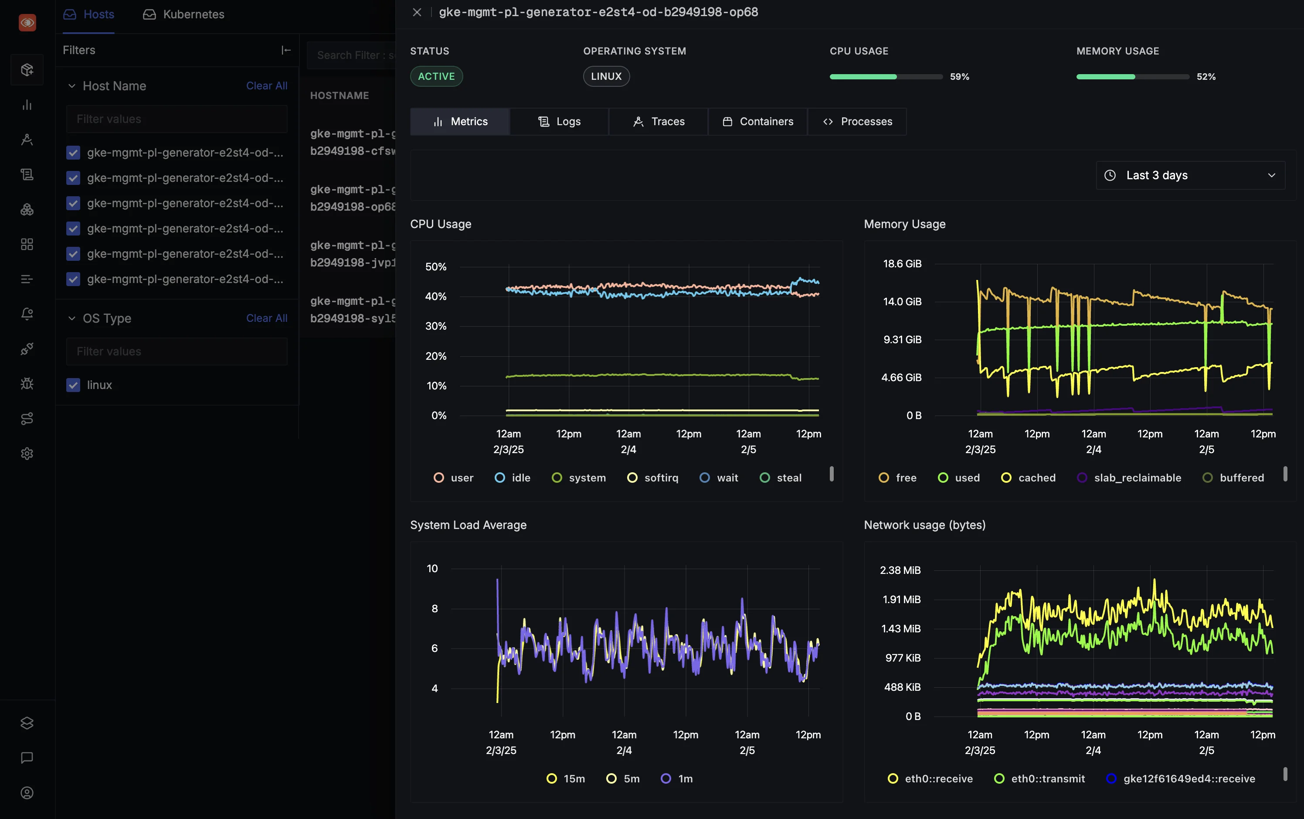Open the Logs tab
coord(559,121)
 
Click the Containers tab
coord(757,121)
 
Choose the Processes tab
coord(857,121)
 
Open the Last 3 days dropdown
coord(1190,175)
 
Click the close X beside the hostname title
coord(417,12)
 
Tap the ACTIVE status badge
coord(436,76)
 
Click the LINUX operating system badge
coord(606,76)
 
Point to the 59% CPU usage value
coord(959,77)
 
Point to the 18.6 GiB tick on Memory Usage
coord(902,264)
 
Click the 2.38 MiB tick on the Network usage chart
coord(900,570)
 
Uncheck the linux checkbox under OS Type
coord(73,385)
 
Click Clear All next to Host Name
coord(266,85)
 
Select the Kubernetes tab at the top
coord(184,15)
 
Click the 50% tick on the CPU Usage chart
coord(436,267)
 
